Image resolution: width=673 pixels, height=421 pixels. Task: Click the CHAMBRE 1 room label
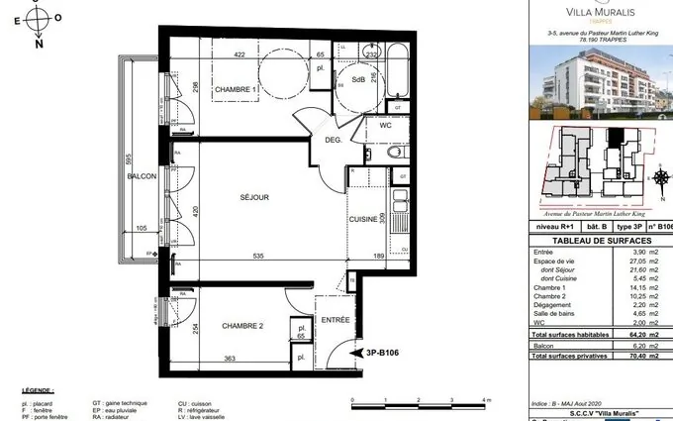click(x=237, y=90)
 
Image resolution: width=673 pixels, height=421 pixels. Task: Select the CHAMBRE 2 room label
click(x=241, y=325)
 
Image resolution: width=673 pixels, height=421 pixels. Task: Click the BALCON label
click(x=142, y=176)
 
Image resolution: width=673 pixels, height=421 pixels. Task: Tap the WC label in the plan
click(x=385, y=126)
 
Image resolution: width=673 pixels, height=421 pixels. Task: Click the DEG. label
click(x=334, y=140)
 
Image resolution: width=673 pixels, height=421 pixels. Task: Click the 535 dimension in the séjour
click(x=259, y=256)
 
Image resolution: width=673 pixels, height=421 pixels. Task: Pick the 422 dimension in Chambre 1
click(x=239, y=55)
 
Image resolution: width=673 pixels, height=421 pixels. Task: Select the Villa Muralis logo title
click(x=602, y=13)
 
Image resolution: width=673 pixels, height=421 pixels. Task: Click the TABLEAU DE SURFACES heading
click(x=601, y=240)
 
